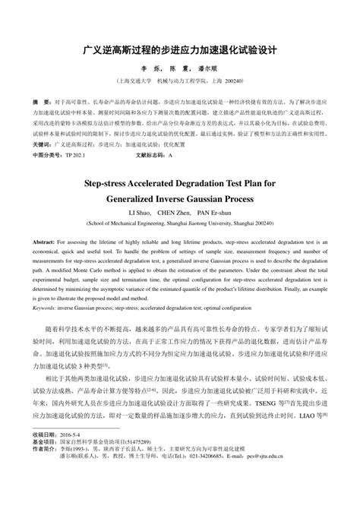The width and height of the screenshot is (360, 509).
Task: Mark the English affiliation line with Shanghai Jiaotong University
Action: click(180, 224)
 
